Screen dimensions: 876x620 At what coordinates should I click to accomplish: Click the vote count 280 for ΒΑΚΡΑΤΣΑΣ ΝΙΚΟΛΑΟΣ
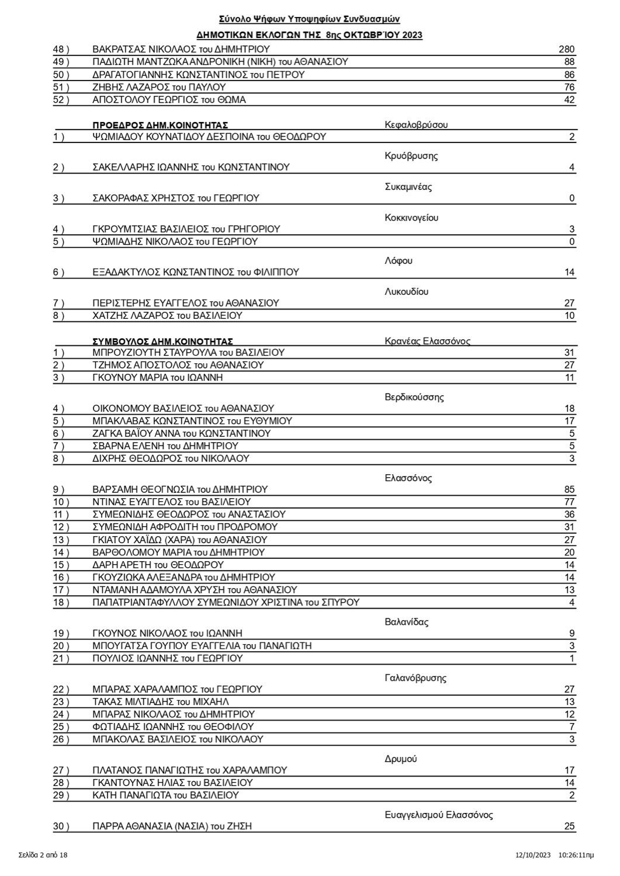[566, 50]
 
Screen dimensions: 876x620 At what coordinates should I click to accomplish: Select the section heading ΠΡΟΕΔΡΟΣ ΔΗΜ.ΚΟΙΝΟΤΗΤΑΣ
[160, 125]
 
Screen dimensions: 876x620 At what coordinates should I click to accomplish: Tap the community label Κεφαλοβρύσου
[416, 125]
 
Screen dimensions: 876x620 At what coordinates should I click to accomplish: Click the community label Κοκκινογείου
[411, 218]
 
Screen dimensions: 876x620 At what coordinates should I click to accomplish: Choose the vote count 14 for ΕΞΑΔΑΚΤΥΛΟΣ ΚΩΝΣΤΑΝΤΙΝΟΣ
[569, 272]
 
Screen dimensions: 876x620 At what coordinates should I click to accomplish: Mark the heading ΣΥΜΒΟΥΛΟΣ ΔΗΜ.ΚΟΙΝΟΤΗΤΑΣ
[163, 341]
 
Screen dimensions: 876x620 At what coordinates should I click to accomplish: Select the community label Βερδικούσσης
[414, 397]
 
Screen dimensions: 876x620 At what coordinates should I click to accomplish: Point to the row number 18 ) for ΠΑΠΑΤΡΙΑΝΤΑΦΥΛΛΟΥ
[61, 602]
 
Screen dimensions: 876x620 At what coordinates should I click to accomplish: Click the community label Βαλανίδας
[406, 622]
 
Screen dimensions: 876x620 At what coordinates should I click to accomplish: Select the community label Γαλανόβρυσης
[415, 678]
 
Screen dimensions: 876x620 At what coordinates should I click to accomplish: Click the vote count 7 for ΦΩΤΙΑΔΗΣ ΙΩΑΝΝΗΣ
[572, 726]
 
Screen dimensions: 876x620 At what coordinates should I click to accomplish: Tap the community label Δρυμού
[400, 759]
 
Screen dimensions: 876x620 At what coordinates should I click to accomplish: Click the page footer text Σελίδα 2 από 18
[43, 855]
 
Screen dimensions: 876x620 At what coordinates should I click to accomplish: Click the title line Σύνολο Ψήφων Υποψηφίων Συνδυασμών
[309, 20]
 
